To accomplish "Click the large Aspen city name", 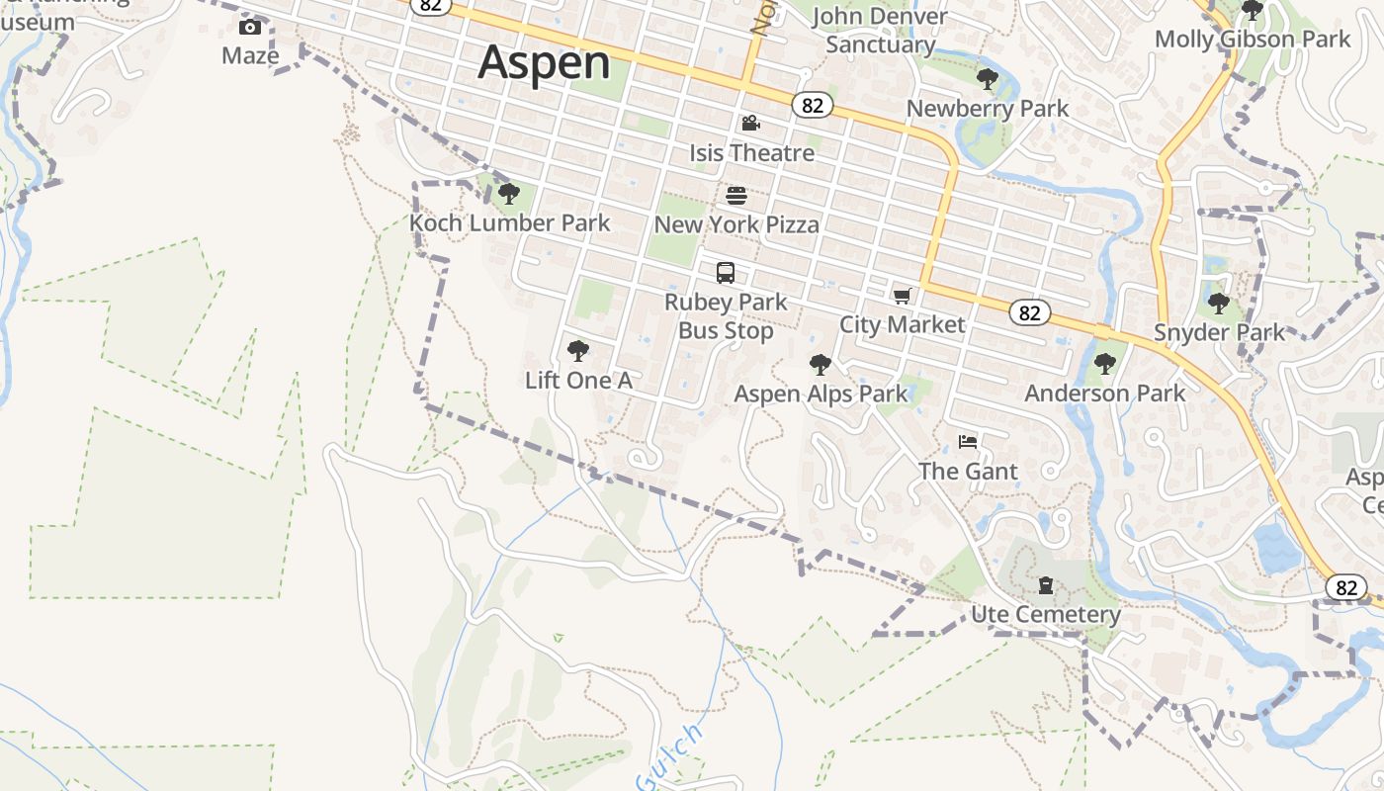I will tap(544, 62).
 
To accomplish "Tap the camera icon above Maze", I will tap(250, 27).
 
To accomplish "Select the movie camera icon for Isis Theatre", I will tap(751, 124).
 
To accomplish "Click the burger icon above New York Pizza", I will tap(736, 195).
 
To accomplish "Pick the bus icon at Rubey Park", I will tap(726, 273).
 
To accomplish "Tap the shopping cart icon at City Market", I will tap(902, 296).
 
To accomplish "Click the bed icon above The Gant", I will tap(968, 441).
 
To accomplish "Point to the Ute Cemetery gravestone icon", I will tap(1046, 585).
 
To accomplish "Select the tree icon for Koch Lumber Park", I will tap(509, 193).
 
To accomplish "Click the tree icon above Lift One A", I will tap(578, 350).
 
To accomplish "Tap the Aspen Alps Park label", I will tap(821, 394).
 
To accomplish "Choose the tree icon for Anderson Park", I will tap(1105, 364).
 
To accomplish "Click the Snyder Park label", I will tap(1219, 332).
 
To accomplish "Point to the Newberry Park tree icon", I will tap(987, 79).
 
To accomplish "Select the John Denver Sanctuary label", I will tap(880, 31).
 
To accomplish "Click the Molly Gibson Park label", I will tap(1253, 40).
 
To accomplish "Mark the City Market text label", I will tap(902, 324).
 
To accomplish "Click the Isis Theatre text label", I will tap(752, 153).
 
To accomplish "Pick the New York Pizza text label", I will tap(736, 224).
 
